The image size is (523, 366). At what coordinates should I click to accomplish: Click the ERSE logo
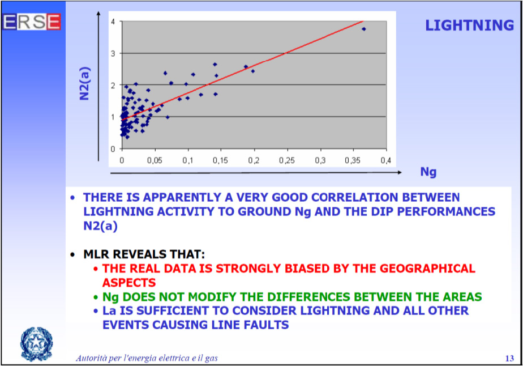click(32, 22)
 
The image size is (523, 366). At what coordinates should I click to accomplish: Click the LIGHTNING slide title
click(469, 25)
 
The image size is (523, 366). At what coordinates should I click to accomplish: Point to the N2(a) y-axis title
click(85, 84)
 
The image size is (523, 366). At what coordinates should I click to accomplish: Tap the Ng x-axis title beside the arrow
click(428, 172)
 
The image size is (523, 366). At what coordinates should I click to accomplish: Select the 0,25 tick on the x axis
click(287, 161)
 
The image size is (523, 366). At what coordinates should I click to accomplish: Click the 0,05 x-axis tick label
click(155, 161)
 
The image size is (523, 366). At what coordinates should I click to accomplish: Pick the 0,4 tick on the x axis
click(386, 161)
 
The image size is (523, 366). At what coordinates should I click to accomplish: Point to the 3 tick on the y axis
click(113, 53)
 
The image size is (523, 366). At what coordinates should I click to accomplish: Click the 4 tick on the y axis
click(113, 22)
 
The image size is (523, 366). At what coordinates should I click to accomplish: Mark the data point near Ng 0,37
click(363, 29)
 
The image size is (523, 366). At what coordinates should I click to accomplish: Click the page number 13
click(509, 358)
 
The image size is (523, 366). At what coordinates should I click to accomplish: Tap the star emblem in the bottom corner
click(36, 344)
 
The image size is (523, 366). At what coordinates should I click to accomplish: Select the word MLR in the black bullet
click(96, 254)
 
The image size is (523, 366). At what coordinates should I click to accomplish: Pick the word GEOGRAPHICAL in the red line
click(427, 269)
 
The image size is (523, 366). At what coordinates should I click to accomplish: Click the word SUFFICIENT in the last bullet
click(173, 311)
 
